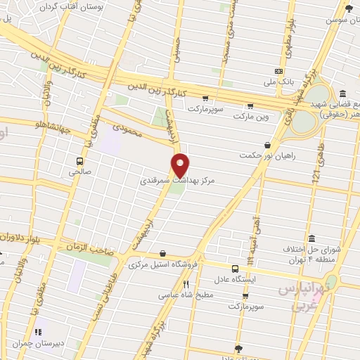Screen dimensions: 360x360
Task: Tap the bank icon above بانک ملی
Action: pos(279,71)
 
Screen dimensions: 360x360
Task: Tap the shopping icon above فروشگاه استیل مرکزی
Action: pos(163,254)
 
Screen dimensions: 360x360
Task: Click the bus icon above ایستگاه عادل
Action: pos(236,269)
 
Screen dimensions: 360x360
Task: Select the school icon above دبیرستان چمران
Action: pos(39,330)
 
